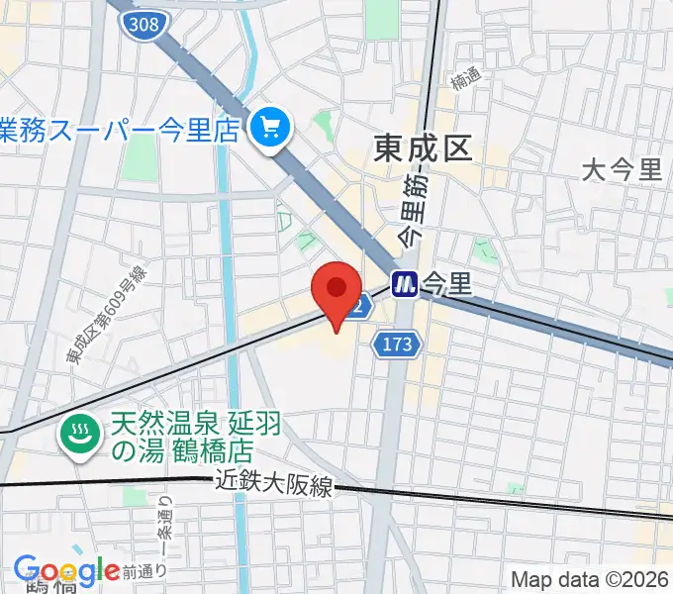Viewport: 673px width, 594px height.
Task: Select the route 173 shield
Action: [398, 344]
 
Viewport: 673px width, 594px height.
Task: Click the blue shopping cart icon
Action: [269, 128]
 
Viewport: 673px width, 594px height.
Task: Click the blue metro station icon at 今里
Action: [405, 284]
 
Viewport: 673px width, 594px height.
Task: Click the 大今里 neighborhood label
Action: [623, 169]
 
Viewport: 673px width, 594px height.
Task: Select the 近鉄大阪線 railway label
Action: [276, 486]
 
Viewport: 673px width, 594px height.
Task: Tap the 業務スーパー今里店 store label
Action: [119, 128]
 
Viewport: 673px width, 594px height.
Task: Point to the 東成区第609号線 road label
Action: [107, 317]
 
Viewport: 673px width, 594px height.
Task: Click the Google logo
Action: [66, 570]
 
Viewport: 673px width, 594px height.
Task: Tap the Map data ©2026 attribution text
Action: [590, 579]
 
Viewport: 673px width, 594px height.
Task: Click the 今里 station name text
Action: [446, 284]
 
